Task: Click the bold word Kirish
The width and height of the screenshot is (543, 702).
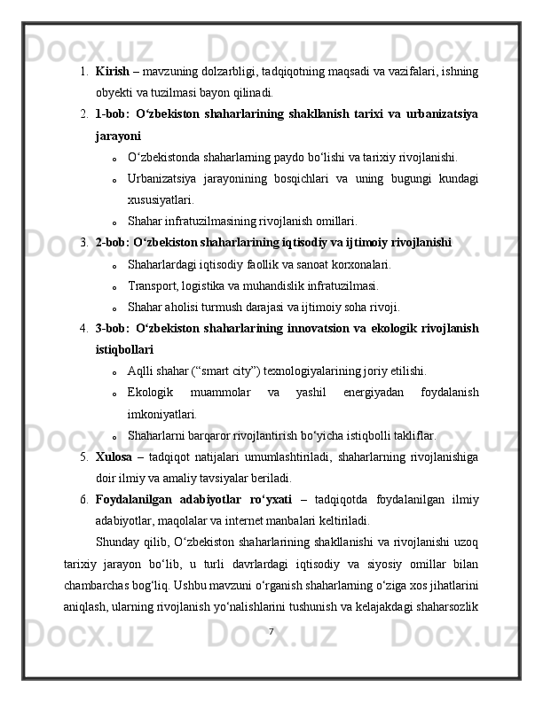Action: (111, 70)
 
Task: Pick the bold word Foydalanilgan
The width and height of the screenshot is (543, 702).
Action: (134, 499)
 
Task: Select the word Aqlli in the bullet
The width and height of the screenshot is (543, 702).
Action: (142, 370)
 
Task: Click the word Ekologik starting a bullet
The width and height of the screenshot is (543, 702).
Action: (151, 392)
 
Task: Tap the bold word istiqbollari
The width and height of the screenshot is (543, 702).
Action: (123, 349)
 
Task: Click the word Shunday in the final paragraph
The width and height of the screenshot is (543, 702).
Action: (119, 542)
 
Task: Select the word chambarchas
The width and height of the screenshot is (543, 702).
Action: (101, 584)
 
